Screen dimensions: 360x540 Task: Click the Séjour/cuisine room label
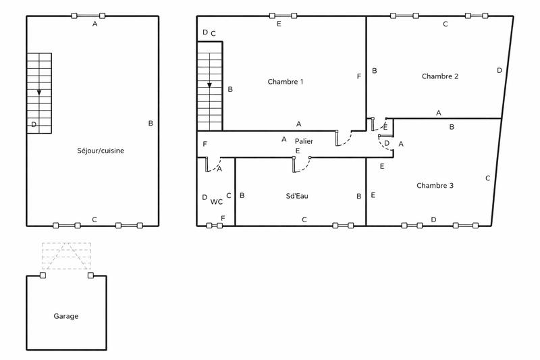[x=101, y=151]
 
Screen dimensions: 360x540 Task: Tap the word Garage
[x=66, y=316]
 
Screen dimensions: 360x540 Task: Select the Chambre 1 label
[x=286, y=82]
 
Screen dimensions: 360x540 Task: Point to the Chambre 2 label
[x=440, y=76]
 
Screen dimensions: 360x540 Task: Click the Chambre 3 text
[x=435, y=185]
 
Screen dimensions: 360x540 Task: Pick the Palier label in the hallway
[x=304, y=140]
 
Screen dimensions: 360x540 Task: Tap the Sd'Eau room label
[x=298, y=196]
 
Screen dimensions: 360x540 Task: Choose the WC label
[x=216, y=201]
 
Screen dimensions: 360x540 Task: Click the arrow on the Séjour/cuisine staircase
[x=39, y=92]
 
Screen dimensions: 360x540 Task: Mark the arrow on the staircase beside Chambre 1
[x=210, y=85]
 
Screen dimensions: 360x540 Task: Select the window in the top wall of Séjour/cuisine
[x=88, y=16]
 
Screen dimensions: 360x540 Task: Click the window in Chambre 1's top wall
[x=282, y=16]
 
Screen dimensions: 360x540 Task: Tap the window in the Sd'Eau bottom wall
[x=342, y=226]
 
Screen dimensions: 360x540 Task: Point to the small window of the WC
[x=214, y=226]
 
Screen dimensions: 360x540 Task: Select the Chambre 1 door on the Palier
[x=344, y=138]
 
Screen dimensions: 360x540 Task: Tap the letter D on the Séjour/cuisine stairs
[x=33, y=124]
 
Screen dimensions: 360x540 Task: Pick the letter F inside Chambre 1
[x=359, y=76]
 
